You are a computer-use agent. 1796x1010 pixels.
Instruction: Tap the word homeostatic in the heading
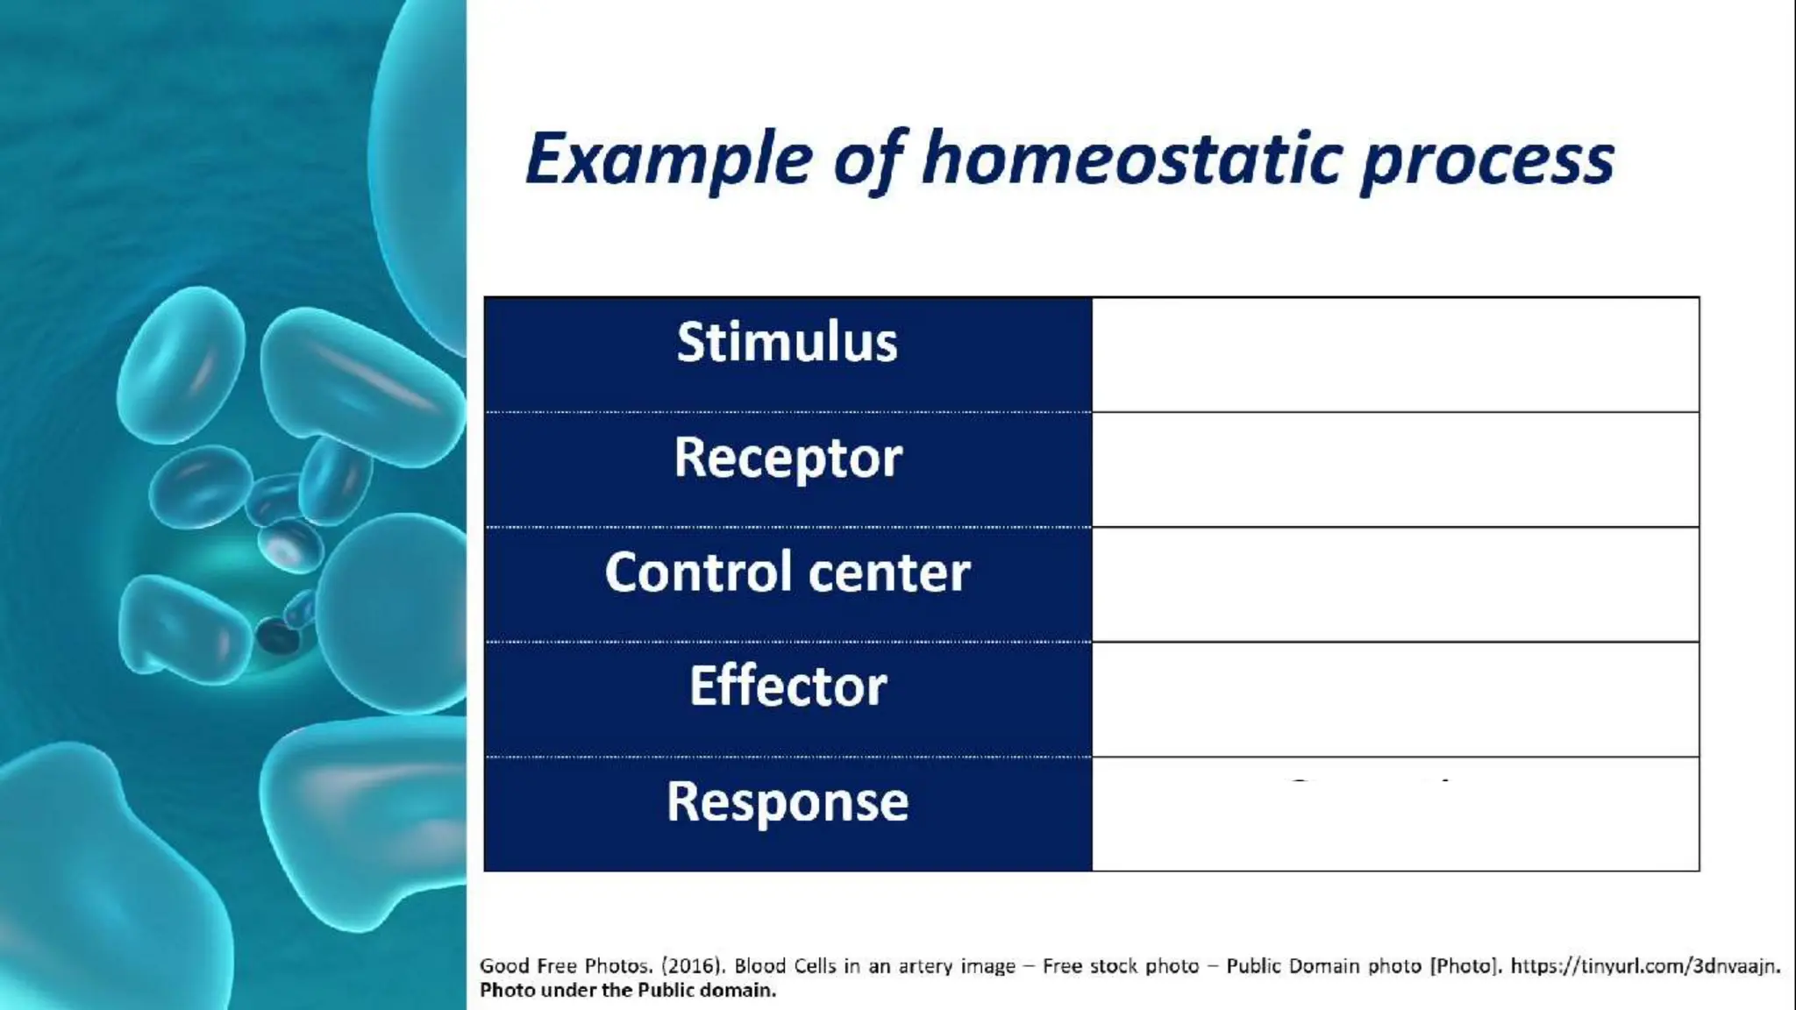coord(1131,160)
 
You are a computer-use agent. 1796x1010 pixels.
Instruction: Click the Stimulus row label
coord(787,342)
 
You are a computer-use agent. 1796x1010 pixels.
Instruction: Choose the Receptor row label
coord(787,458)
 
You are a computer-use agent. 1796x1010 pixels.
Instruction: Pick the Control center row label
coord(787,573)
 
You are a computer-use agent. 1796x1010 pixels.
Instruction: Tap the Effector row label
coord(787,686)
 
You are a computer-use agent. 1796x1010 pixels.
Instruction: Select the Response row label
coord(787,801)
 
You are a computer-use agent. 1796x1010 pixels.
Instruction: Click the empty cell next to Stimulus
coord(1394,354)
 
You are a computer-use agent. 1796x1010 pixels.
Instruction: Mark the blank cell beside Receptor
coord(1394,469)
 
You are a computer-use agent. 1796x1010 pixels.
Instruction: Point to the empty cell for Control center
coord(1394,584)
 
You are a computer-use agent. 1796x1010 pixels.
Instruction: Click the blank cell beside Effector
coord(1394,699)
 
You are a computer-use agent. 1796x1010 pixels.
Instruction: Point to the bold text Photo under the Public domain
coord(627,991)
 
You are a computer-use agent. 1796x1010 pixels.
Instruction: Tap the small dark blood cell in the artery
coord(278,636)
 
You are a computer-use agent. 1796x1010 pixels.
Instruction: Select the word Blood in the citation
coord(759,966)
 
